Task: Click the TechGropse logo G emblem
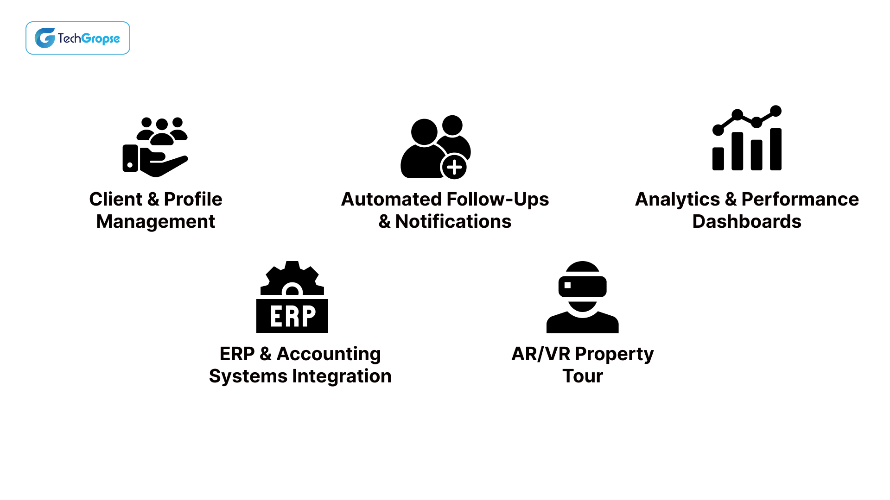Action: (45, 38)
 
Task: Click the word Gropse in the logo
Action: (101, 38)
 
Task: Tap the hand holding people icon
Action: (155, 147)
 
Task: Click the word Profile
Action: (193, 199)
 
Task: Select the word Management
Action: (155, 221)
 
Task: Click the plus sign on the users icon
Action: (454, 167)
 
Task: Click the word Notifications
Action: (453, 221)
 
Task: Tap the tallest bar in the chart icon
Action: (776, 149)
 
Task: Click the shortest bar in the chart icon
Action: (718, 159)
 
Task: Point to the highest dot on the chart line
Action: (776, 111)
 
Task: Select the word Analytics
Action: (677, 199)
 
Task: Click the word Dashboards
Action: (747, 221)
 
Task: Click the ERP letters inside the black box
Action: (292, 316)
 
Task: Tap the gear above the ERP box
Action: (292, 277)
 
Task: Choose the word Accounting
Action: (328, 354)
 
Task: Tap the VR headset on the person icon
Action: (582, 287)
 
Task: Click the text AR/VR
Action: (540, 354)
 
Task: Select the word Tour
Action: (583, 376)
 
